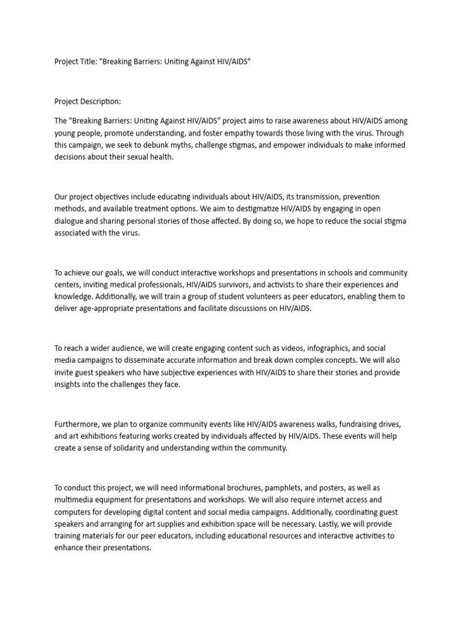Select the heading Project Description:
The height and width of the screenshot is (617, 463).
pos(88,101)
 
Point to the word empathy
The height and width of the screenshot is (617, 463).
pos(262,133)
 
